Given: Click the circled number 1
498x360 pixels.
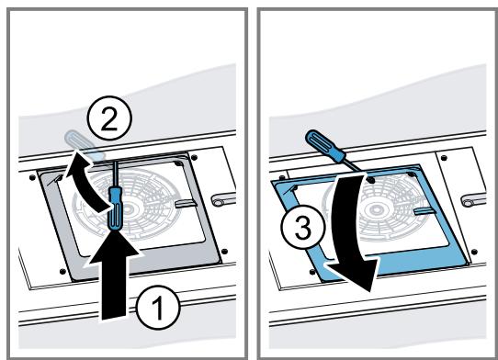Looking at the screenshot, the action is [x=158, y=308].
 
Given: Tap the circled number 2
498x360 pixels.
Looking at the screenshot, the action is [x=109, y=118].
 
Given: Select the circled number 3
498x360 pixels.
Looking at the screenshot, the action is [x=303, y=227].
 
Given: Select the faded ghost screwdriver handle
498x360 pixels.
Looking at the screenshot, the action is [x=85, y=144].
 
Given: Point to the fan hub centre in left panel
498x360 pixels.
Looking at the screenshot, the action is [x=128, y=208].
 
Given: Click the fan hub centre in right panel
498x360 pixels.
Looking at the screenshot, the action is [x=377, y=209].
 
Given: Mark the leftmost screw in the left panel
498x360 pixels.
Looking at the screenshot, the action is [x=32, y=178].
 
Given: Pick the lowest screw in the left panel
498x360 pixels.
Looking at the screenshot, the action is [x=62, y=272].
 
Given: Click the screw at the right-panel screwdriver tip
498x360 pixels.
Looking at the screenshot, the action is [x=370, y=180].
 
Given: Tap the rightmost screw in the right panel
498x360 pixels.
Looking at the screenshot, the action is [x=474, y=252].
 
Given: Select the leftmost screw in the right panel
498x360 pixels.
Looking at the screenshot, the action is [x=282, y=178].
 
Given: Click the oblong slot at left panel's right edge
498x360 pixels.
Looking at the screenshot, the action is [x=224, y=200].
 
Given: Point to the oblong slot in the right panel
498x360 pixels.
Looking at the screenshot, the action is [x=473, y=201].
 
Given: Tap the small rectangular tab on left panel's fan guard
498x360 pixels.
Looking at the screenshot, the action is [x=186, y=204].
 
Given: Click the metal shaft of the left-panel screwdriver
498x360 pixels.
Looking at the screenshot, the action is [x=116, y=174].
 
